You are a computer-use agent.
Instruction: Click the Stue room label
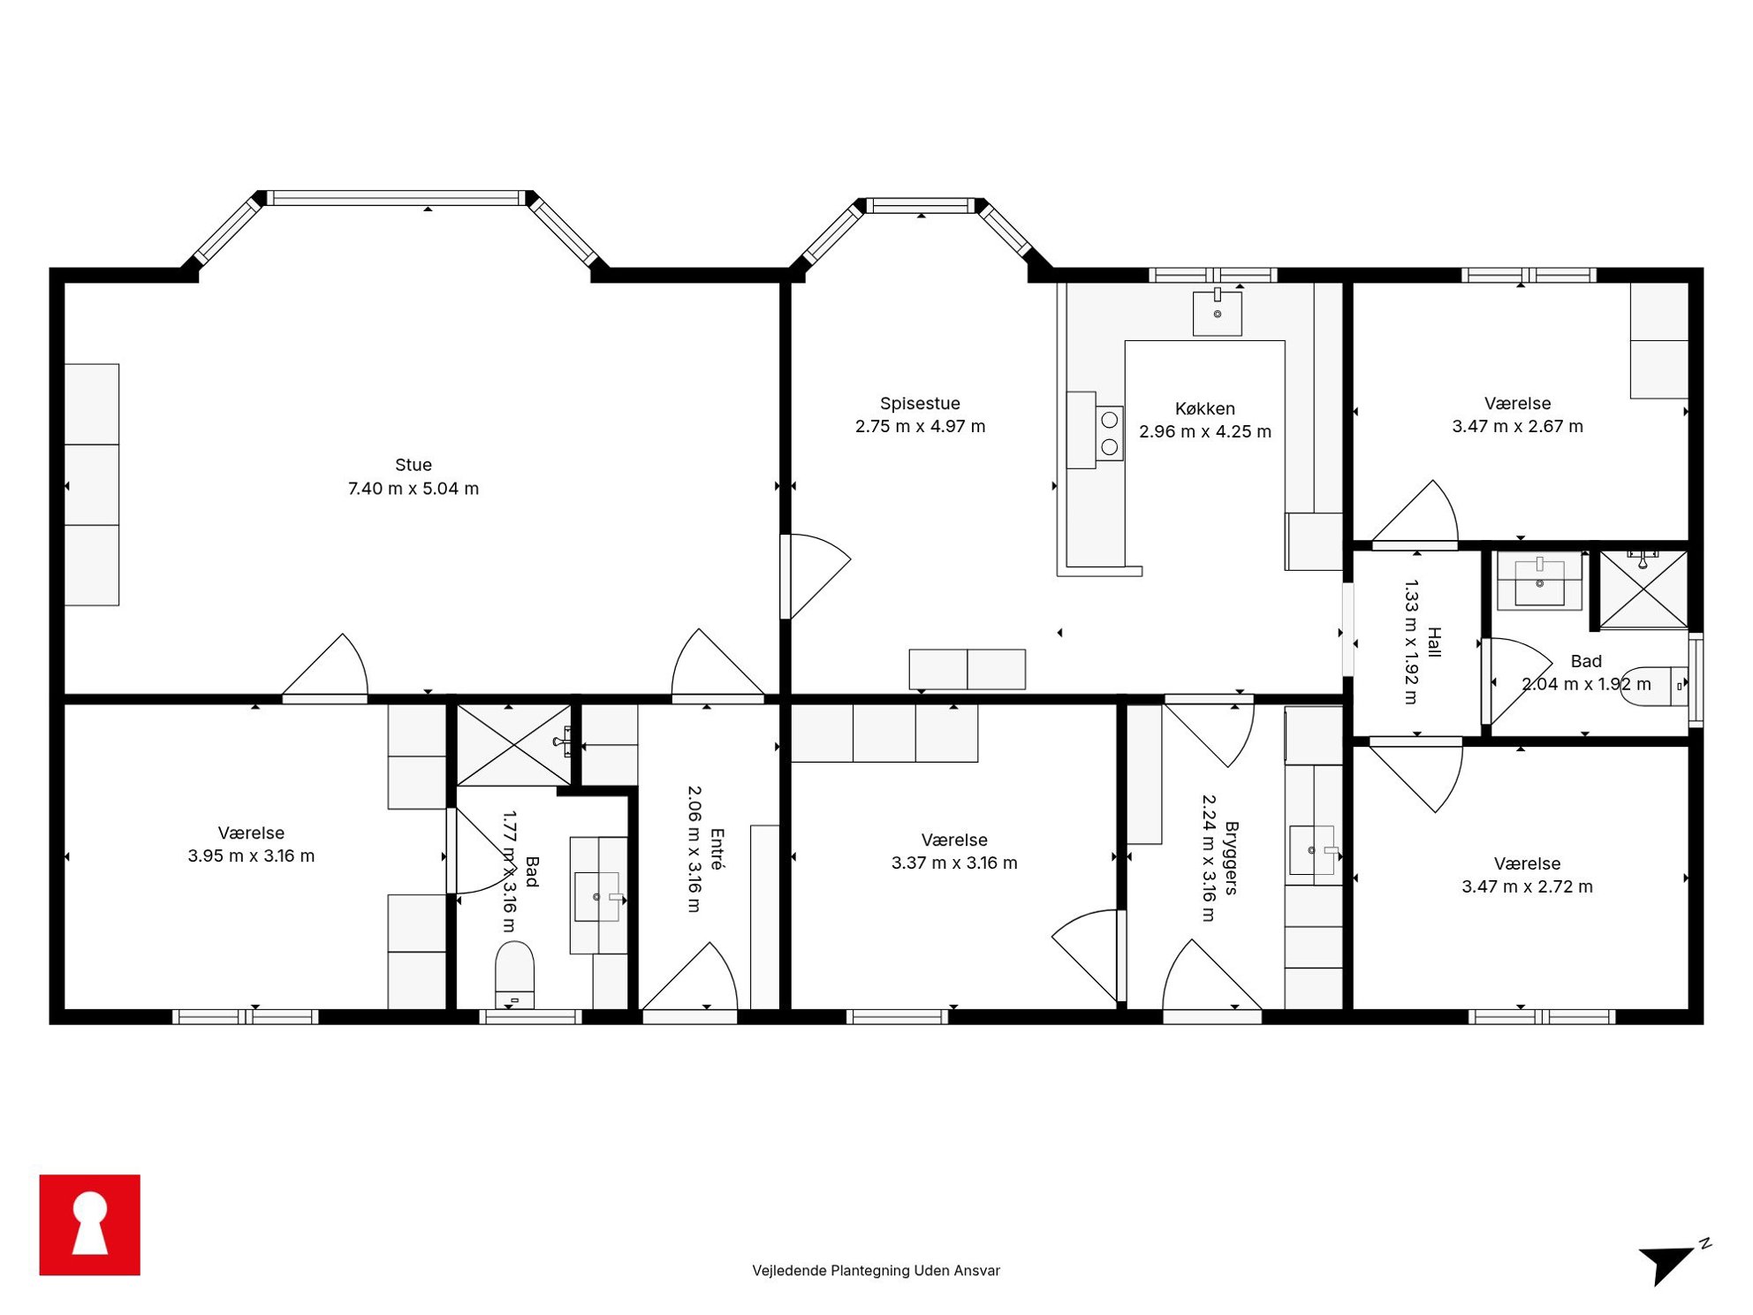413,465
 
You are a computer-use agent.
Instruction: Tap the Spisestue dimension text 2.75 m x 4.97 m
920,426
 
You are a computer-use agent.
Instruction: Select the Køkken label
1204,408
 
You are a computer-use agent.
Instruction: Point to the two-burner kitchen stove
1109,433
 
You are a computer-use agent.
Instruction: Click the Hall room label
1433,642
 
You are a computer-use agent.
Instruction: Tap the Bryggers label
1231,858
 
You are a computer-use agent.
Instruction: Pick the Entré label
717,849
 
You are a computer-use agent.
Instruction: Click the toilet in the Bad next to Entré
514,975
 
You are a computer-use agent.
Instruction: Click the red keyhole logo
89,1224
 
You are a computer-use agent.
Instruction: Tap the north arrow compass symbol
1673,1261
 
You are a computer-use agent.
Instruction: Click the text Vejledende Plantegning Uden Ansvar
876,1270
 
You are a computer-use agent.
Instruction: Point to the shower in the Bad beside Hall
1643,589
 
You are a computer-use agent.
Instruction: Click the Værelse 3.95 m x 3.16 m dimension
251,855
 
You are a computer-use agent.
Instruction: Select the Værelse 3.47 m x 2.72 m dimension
1527,886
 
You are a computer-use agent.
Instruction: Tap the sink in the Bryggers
1311,850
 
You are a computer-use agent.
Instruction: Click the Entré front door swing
690,976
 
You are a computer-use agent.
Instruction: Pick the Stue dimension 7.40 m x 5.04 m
413,488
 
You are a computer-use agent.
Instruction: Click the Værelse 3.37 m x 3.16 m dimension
954,863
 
